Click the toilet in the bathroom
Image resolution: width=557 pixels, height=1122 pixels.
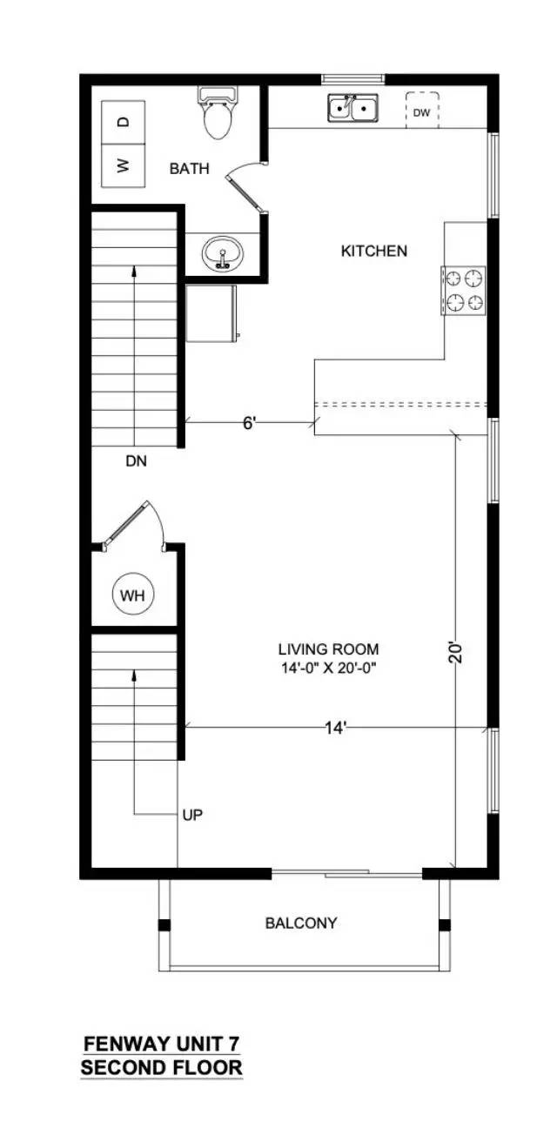tap(218, 112)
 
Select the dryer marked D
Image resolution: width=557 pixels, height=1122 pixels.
tap(124, 122)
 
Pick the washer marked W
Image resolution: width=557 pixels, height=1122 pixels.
tap(124, 165)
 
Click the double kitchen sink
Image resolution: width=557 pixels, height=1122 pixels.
tap(353, 108)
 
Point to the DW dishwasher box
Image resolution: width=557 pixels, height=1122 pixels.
tap(422, 111)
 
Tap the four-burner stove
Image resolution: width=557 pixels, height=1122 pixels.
tap(463, 290)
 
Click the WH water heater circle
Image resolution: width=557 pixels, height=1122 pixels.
tap(133, 595)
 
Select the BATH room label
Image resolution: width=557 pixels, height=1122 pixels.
tap(190, 169)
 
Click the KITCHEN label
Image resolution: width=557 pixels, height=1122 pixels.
tap(374, 251)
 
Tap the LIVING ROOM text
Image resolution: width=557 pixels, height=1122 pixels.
tap(329, 649)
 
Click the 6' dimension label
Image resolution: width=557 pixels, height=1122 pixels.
tap(250, 424)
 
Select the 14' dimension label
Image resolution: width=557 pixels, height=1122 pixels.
tap(336, 729)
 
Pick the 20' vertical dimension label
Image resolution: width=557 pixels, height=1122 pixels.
tap(456, 653)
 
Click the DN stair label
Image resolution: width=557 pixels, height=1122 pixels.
tap(137, 461)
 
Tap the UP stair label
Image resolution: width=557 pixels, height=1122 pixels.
tap(193, 816)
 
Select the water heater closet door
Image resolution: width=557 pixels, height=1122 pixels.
tap(134, 526)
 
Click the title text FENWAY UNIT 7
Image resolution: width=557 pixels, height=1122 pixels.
tap(161, 1040)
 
